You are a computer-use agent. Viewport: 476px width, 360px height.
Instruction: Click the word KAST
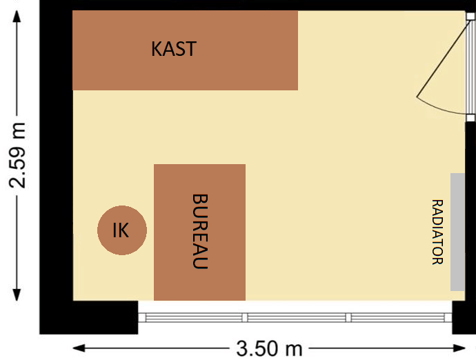[x=174, y=49]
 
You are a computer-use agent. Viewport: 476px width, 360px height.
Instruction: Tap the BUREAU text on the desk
[x=200, y=231]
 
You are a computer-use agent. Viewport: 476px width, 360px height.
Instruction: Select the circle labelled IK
[x=121, y=230]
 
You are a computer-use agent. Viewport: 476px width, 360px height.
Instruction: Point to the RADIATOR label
[x=437, y=232]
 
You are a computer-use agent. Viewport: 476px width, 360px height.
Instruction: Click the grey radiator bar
[x=457, y=232]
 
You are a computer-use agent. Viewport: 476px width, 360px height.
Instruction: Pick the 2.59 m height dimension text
[x=18, y=155]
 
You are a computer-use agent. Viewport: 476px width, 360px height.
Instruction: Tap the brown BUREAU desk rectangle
[x=172, y=276]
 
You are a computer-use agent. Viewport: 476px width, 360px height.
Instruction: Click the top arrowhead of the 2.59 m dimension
[x=18, y=15]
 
